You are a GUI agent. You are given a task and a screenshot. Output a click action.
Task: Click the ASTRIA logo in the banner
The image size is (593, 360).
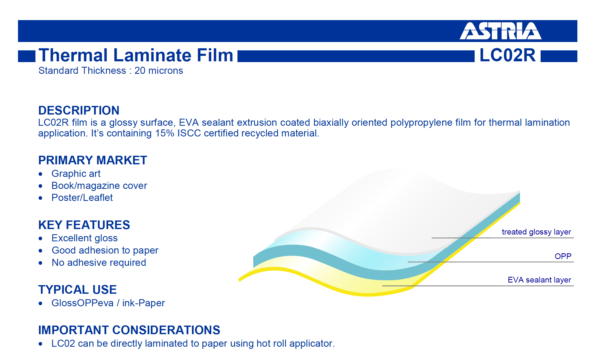pyautogui.click(x=500, y=31)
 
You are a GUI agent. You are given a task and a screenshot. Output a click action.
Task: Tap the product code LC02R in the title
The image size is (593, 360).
pyautogui.click(x=508, y=55)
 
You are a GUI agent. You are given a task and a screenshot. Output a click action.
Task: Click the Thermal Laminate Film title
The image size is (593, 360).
pyautogui.click(x=136, y=55)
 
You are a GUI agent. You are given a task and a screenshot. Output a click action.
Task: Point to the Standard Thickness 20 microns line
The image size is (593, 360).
pyautogui.click(x=111, y=71)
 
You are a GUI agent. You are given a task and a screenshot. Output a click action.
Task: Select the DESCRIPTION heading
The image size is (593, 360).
pyautogui.click(x=79, y=110)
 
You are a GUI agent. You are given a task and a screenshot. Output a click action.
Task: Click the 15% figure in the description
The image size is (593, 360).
pyautogui.click(x=164, y=133)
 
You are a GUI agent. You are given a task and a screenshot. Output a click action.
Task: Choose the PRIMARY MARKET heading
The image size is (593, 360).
pyautogui.click(x=93, y=160)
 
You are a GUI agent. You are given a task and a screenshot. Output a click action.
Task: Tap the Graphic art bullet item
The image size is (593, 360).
pyautogui.click(x=76, y=174)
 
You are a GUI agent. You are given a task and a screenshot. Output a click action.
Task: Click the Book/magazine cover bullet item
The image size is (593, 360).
pyautogui.click(x=99, y=186)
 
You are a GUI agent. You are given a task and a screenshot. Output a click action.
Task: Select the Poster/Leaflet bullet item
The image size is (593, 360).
pyautogui.click(x=82, y=198)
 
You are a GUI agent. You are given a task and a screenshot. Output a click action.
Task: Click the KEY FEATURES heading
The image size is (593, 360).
pyautogui.click(x=84, y=225)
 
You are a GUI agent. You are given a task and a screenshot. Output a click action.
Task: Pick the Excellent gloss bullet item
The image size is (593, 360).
pyautogui.click(x=84, y=238)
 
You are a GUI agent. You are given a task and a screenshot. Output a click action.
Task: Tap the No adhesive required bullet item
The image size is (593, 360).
pyautogui.click(x=99, y=263)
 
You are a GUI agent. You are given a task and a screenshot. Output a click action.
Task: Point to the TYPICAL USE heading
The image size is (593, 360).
pyautogui.click(x=77, y=290)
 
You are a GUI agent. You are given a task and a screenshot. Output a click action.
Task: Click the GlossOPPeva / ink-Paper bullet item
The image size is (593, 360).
pyautogui.click(x=108, y=303)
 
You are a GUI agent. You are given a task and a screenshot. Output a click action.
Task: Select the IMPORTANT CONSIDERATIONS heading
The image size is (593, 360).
pyautogui.click(x=129, y=330)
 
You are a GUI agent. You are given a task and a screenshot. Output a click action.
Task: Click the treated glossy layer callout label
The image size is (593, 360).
pyautogui.click(x=536, y=232)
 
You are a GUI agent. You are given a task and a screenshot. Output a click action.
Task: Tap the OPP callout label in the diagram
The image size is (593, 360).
pyautogui.click(x=563, y=256)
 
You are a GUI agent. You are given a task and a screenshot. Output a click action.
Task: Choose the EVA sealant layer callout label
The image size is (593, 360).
pyautogui.click(x=539, y=280)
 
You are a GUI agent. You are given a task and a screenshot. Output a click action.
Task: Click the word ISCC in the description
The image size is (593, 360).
pyautogui.click(x=189, y=133)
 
